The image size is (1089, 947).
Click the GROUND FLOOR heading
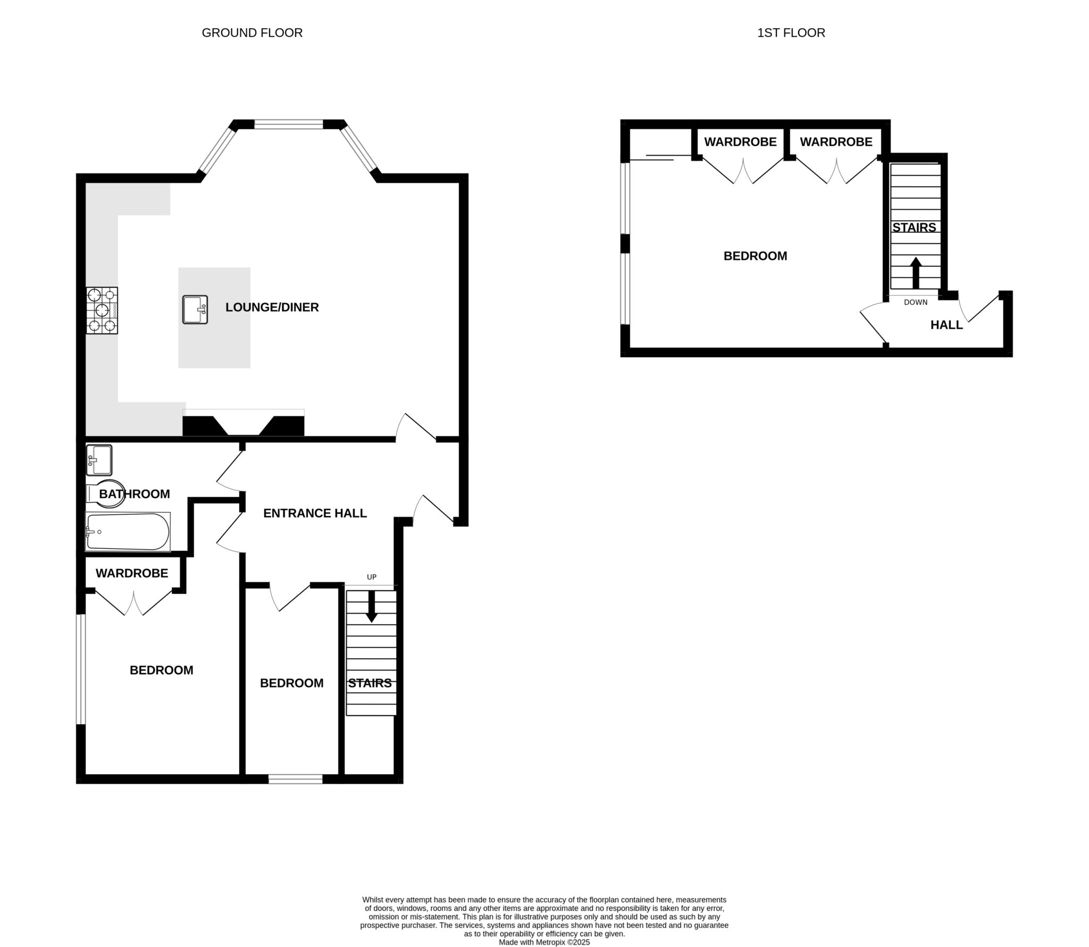(252, 33)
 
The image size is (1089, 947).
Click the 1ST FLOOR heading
(791, 33)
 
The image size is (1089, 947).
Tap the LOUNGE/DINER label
(272, 307)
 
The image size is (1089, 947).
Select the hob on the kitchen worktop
(102, 311)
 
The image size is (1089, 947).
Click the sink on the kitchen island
(195, 309)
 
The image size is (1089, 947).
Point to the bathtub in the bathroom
(128, 531)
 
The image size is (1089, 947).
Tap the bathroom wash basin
(99, 460)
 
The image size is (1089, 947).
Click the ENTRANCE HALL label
(315, 513)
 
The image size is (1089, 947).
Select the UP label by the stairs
(372, 577)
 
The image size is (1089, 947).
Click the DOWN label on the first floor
(915, 302)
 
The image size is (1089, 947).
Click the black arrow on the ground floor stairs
(372, 607)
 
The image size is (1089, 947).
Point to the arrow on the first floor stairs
(915, 272)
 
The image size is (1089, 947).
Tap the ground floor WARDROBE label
(132, 573)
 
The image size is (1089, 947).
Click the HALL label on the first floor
(946, 325)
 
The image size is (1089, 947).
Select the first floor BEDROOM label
(755, 256)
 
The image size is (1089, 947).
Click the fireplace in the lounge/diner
(243, 425)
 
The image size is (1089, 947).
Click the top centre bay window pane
(288, 124)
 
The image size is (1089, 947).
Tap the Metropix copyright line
(544, 942)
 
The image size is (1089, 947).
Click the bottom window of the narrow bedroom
(295, 779)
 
